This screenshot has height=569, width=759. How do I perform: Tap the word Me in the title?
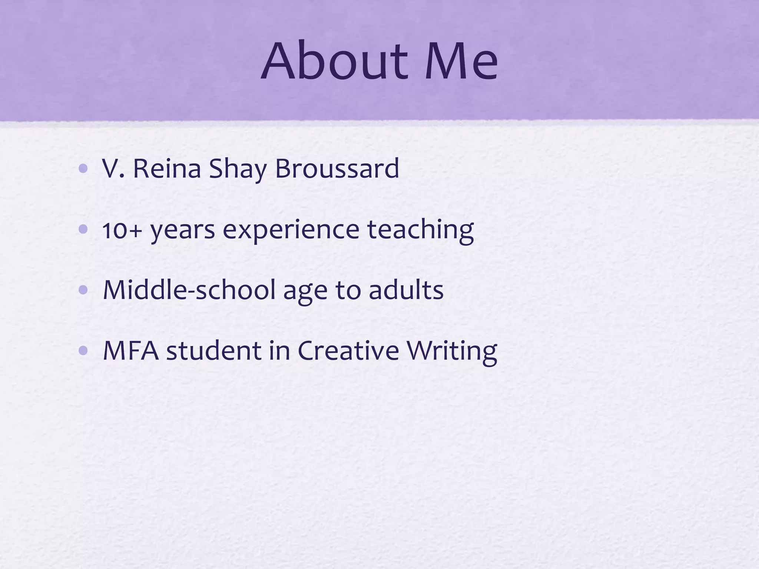(461, 61)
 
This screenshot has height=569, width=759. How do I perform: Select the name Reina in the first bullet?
(166, 169)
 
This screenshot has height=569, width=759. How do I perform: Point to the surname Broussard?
(337, 169)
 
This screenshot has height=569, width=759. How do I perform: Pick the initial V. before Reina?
(114, 169)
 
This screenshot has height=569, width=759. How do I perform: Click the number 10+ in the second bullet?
(122, 230)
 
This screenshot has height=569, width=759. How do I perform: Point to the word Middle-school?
(189, 290)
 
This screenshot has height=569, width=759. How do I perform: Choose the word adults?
(406, 290)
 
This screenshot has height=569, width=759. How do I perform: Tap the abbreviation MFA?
(130, 350)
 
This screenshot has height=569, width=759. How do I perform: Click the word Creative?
(348, 350)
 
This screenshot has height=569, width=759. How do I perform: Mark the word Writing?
(452, 350)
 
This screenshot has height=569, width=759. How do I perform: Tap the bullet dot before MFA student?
(83, 350)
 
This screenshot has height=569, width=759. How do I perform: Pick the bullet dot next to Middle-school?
(83, 290)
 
